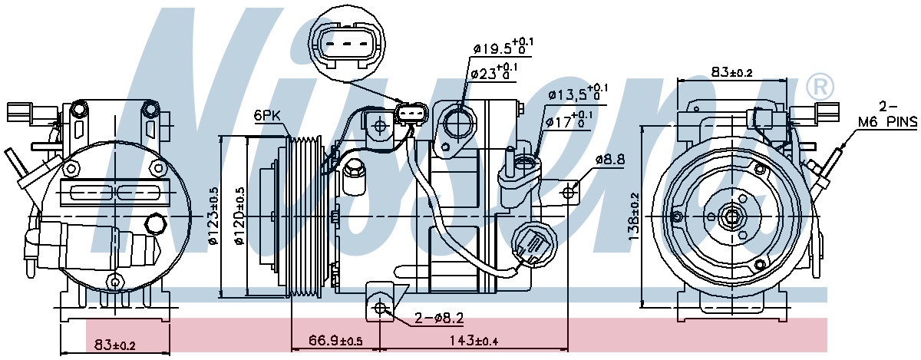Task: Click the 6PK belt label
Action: (267, 116)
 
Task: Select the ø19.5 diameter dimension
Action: (503, 48)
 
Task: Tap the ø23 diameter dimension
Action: (494, 73)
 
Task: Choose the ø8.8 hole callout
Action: (609, 159)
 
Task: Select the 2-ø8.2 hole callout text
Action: (439, 318)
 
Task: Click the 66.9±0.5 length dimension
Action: (335, 341)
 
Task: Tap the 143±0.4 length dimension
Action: (474, 341)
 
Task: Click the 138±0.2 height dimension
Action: (633, 216)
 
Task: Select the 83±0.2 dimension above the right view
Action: (732, 72)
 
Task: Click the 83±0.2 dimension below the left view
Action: (114, 345)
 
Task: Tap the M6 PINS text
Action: (887, 122)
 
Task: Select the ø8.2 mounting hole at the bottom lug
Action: (381, 307)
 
